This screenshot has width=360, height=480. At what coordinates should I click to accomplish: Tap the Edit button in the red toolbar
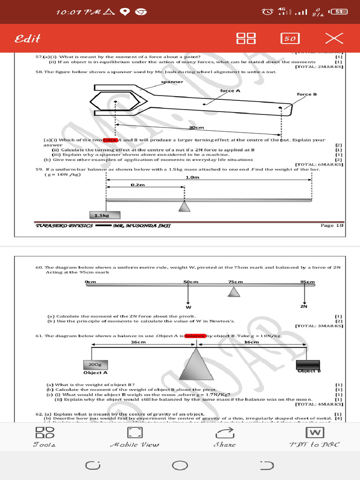click(28, 38)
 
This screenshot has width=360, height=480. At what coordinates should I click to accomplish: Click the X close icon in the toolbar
click(334, 38)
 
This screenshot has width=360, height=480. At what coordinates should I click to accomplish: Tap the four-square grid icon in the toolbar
click(246, 38)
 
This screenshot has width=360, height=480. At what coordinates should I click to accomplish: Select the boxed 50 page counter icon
click(290, 38)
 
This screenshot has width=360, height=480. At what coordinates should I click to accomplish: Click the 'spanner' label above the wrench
click(172, 82)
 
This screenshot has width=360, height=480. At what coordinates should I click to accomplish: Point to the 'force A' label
click(230, 90)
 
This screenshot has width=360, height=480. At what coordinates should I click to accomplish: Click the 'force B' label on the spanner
click(307, 94)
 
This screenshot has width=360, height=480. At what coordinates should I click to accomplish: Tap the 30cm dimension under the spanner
click(196, 127)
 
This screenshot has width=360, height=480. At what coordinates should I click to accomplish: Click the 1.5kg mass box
click(106, 215)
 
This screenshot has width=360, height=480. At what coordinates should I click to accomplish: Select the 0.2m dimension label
click(138, 185)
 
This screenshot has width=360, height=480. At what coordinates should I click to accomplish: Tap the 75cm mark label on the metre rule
click(235, 282)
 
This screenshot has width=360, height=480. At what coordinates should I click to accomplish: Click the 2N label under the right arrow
click(304, 307)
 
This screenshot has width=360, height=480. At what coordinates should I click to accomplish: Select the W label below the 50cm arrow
click(188, 307)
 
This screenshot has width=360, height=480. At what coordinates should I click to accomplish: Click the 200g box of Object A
click(95, 364)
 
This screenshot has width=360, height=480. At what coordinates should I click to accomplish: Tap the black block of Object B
click(308, 364)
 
